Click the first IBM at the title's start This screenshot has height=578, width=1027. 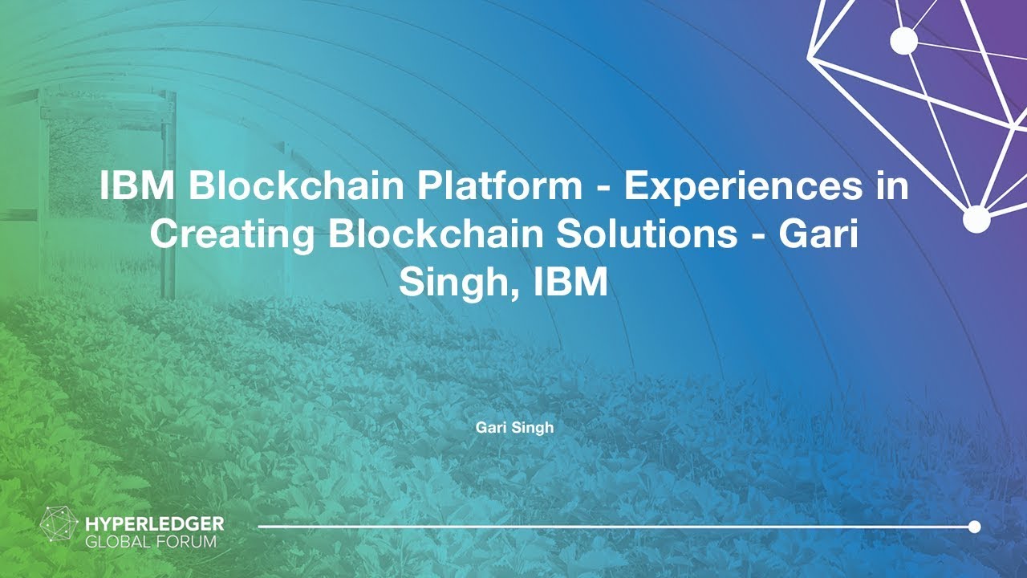coord(139,186)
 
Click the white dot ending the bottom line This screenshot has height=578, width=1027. coord(974,527)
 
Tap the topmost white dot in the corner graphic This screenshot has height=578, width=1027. coord(904,39)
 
